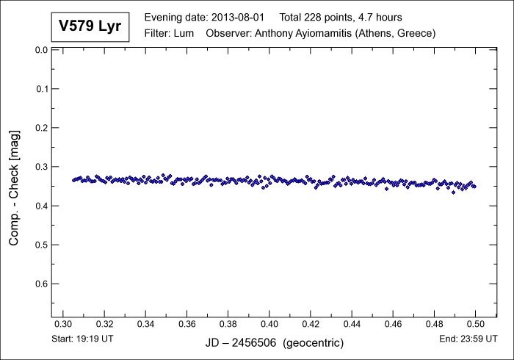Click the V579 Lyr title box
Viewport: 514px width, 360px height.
coord(90,27)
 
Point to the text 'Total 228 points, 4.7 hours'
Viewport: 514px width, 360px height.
coord(351,17)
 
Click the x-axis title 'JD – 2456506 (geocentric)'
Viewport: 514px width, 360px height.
coord(269,343)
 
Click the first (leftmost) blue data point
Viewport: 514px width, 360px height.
coord(73,180)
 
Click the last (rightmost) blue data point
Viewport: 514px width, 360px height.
coord(474,187)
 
